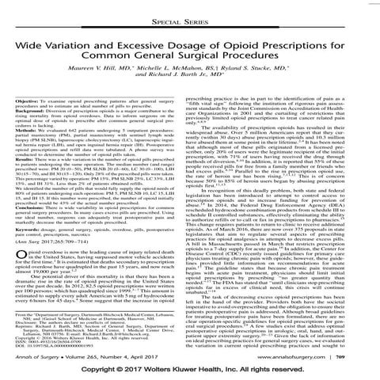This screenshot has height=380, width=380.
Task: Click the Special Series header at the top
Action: (x=190, y=14)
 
